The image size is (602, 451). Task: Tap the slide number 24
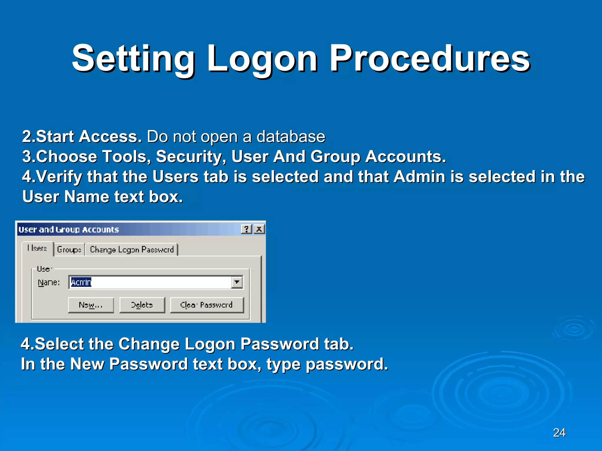559,433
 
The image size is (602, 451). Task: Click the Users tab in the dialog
37,248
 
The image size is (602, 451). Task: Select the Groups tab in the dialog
69,250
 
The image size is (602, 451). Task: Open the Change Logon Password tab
132,250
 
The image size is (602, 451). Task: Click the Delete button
142,305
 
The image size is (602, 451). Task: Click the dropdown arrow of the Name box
237,282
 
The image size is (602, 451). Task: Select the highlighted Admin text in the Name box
81,282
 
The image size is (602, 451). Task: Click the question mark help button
246,229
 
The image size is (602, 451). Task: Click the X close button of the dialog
259,229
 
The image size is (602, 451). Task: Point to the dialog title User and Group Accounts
69,229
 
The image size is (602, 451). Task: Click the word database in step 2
291,137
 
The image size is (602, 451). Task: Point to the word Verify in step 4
59,177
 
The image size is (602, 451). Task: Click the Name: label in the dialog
49,282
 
